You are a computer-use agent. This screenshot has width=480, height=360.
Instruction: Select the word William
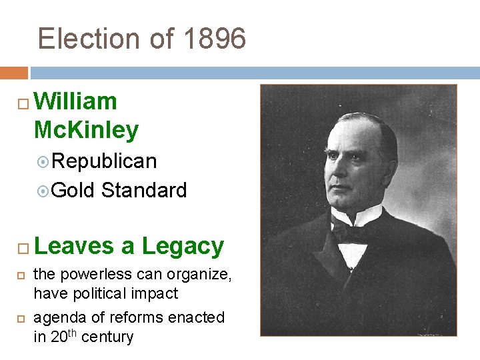pos(75,101)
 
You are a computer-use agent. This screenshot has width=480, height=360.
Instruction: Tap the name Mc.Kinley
pos(86,129)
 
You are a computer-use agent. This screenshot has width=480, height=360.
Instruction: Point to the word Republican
pos(105,161)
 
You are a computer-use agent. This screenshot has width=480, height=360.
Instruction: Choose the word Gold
pos(74,191)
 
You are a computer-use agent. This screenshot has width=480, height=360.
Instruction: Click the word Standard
pos(144,191)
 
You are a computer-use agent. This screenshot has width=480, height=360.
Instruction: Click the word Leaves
pos(73,246)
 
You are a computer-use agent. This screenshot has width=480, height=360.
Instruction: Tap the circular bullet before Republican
pos(44,162)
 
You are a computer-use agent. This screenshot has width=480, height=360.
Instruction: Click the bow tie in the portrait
pos(350,231)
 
